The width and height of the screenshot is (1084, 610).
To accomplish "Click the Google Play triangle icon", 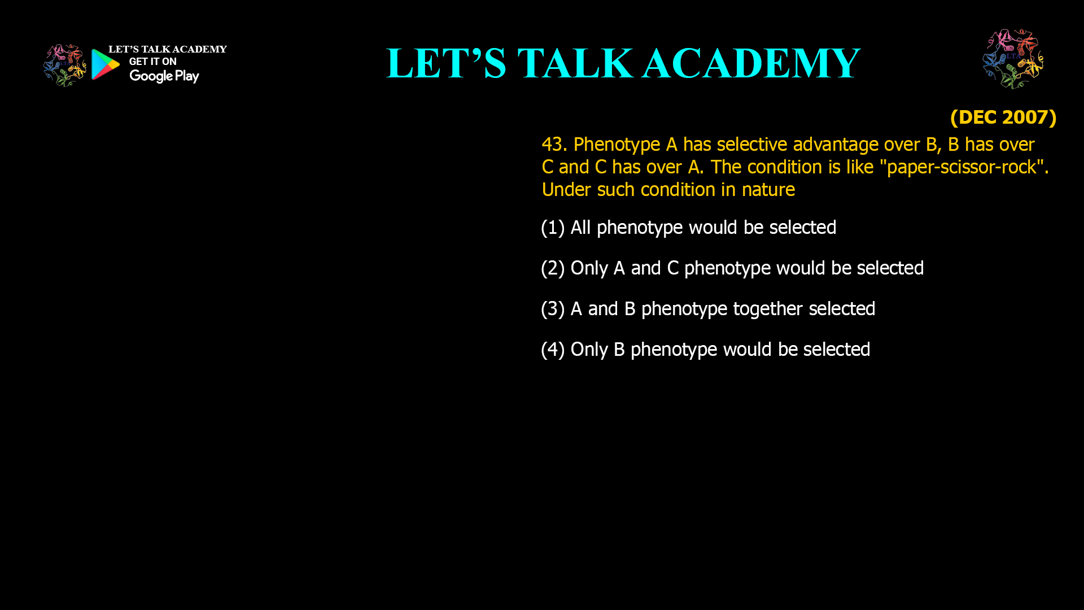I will coord(105,64).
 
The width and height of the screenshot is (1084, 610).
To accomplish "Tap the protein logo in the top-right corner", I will coord(1013,59).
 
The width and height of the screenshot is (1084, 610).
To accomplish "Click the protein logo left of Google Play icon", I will coord(64,66).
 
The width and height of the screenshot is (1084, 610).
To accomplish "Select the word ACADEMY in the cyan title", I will coord(751,63).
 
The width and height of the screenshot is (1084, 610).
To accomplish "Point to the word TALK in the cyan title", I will coord(575,63).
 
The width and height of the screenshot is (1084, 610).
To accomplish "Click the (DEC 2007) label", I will coord(1003,117).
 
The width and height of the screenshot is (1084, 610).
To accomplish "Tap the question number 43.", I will coord(554,145).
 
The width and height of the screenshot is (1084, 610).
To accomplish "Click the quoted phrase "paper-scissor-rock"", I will coord(963,167).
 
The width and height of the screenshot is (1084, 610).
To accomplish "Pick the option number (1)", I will coord(553,228).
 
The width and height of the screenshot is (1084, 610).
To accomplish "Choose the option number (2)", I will coord(553,268).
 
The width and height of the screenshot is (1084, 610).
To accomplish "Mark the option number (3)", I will coord(553,309).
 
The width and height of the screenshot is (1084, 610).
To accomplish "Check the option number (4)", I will coord(553,350).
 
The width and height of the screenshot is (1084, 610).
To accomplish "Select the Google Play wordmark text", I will coord(164,76).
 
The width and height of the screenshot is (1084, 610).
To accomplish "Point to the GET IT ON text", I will coord(152,62).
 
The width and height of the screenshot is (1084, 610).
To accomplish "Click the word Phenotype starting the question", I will coord(617,145).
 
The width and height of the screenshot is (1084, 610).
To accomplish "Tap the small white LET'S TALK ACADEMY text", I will coord(167,50).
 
